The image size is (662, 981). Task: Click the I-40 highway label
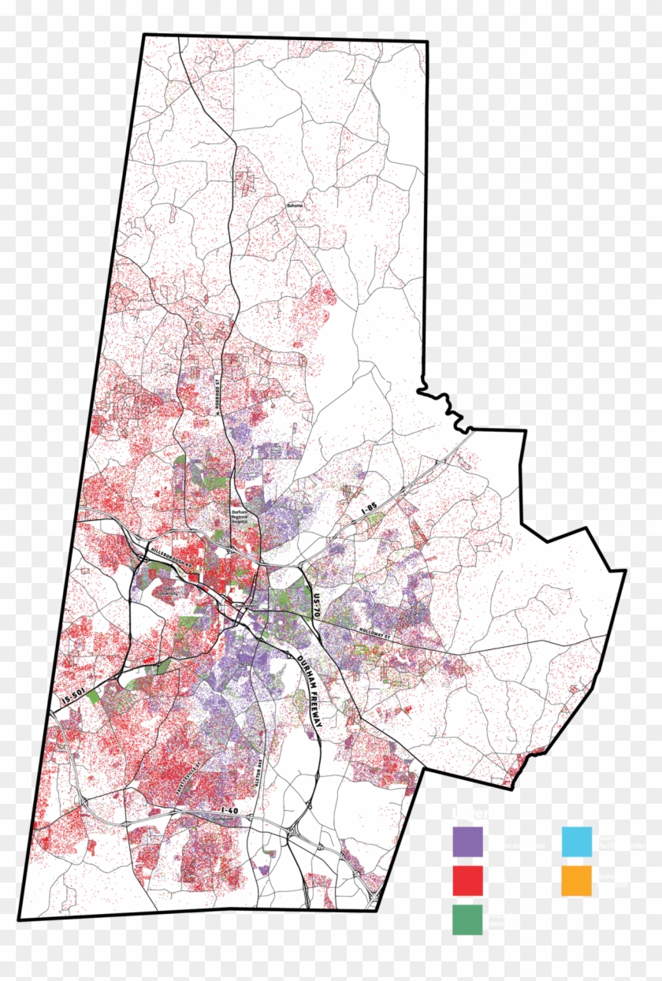point(229,810)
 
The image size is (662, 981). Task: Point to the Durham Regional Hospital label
point(239,516)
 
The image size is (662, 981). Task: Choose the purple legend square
point(467,841)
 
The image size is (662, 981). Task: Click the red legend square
point(467,880)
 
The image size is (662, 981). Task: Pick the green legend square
point(467,920)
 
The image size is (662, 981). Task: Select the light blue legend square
point(576,841)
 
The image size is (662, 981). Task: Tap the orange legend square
point(576,880)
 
